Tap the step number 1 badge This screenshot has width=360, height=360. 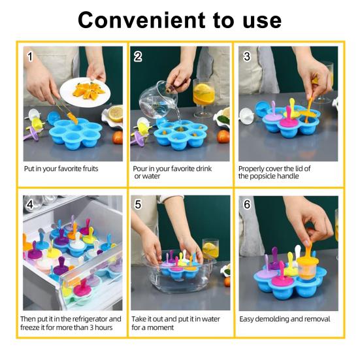[30, 56]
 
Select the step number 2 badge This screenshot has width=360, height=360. [138, 56]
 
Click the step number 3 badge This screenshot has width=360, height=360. [246, 56]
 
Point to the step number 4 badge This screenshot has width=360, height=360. [30, 204]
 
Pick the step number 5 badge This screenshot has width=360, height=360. [138, 204]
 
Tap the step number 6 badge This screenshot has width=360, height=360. [246, 204]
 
